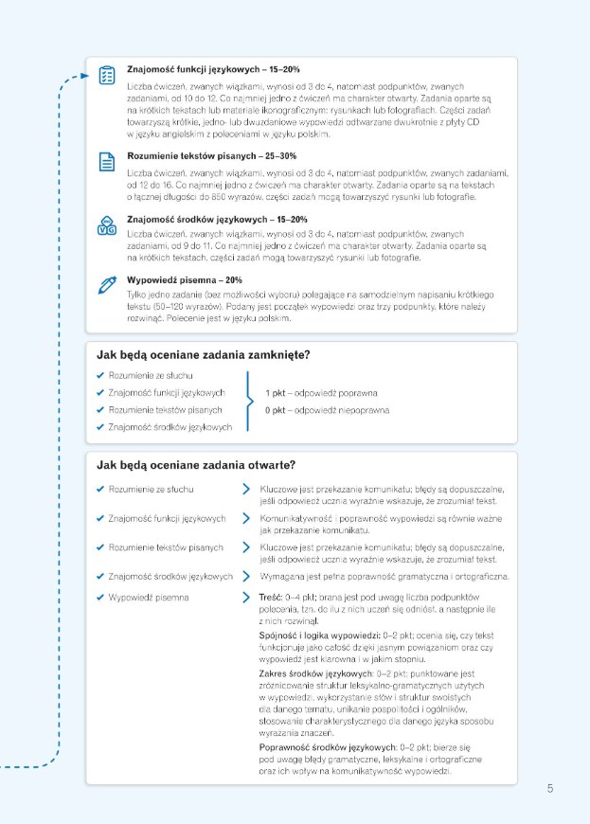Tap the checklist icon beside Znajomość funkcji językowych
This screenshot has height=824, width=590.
(x=106, y=75)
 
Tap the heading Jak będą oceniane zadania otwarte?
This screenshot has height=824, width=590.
(x=196, y=465)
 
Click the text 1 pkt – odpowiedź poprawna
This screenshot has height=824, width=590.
(x=322, y=392)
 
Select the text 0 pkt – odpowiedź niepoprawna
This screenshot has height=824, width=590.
(x=327, y=410)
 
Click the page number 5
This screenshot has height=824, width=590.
(x=550, y=788)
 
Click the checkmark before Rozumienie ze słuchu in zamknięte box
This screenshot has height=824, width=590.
(x=100, y=375)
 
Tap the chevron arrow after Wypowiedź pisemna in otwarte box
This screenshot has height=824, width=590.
(x=246, y=599)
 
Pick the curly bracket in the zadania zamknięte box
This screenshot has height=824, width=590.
(x=249, y=402)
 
